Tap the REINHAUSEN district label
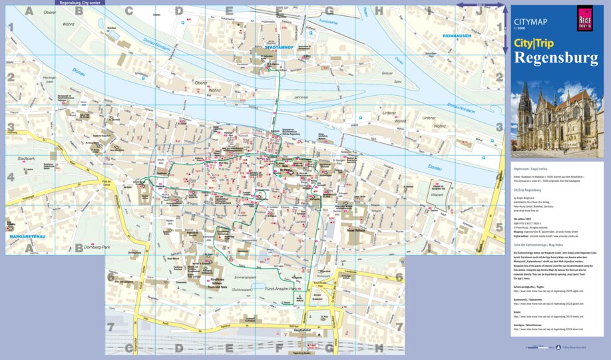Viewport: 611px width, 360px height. coord(459,36)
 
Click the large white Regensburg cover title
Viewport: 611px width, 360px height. coord(556,59)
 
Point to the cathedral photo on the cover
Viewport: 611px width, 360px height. coord(556,120)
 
